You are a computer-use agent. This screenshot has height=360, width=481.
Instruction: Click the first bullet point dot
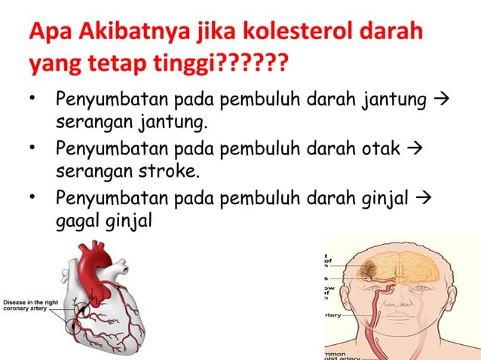click(32, 100)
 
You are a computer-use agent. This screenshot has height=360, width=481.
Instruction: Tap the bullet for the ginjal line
click(32, 199)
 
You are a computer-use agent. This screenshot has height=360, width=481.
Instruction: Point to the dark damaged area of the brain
click(371, 269)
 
